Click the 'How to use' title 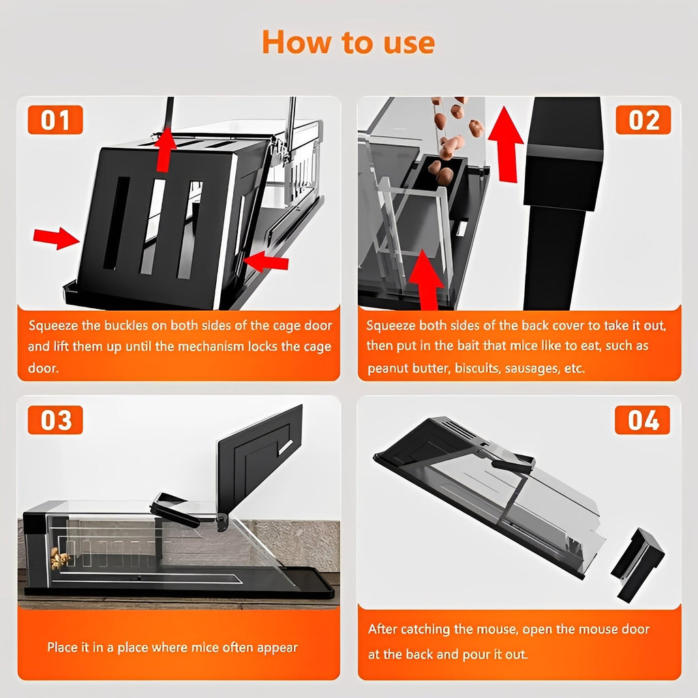pos(348,43)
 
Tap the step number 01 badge pos(55,120)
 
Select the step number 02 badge pos(643,120)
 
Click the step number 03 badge pos(55,420)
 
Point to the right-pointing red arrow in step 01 pos(56,239)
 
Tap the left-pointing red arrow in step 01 pos(266,262)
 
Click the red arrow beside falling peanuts pos(505,143)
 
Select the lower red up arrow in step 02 pos(427,279)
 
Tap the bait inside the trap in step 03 pos(60,558)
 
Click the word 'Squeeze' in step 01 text pos(52,326)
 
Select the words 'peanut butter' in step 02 pos(402,369)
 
